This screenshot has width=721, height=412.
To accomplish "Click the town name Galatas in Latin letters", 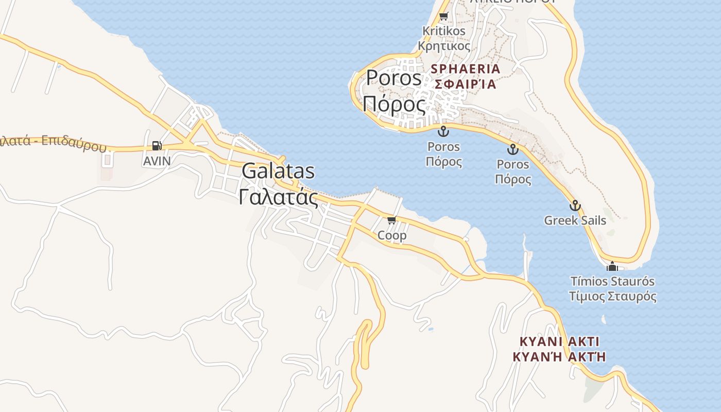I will click(x=278, y=171).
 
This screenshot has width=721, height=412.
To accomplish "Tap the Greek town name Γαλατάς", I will click(x=278, y=197).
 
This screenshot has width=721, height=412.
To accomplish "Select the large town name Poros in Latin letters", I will click(x=394, y=78).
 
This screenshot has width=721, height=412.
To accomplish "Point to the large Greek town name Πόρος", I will click(x=394, y=104).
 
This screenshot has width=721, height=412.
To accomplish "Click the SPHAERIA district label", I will click(x=466, y=69).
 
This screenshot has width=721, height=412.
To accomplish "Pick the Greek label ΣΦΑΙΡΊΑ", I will click(x=466, y=84).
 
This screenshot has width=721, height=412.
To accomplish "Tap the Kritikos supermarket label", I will click(x=443, y=31).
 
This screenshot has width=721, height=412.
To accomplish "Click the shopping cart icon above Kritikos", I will click(x=443, y=16).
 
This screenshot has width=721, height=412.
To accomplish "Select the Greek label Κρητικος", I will click(x=443, y=46).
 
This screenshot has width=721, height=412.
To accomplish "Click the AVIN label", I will click(x=157, y=161).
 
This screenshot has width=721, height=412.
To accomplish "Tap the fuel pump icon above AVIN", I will click(x=157, y=146).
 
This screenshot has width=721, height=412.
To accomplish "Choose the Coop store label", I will click(x=392, y=235).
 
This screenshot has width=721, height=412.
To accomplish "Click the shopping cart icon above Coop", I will click(x=392, y=220).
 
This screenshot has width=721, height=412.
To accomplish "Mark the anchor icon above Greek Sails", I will click(x=575, y=205).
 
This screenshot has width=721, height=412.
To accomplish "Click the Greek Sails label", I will click(x=575, y=220).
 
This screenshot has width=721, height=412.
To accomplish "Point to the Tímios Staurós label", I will click(x=612, y=282).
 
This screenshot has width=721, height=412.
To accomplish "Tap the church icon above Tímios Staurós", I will click(x=612, y=266).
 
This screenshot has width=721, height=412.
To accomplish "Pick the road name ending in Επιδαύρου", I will click(x=51, y=142).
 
